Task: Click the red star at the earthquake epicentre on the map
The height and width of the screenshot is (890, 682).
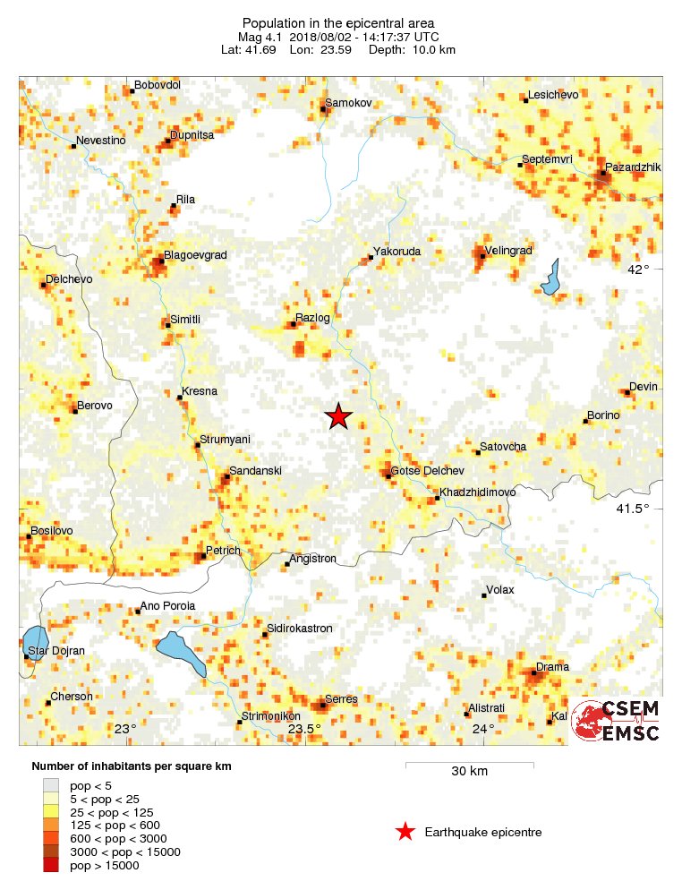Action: (x=338, y=416)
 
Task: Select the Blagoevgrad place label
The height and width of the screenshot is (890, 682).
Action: (x=196, y=255)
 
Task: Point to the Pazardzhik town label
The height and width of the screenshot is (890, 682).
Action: (x=632, y=167)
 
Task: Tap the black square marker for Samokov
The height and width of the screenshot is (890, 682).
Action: (x=323, y=110)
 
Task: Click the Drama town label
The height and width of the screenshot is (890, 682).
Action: (x=551, y=667)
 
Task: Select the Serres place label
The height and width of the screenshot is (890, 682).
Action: (x=342, y=699)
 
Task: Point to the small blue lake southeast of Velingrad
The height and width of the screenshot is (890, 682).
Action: (x=550, y=278)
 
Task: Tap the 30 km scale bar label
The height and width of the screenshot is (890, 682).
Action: (x=469, y=772)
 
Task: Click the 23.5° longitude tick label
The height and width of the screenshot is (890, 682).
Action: (x=304, y=729)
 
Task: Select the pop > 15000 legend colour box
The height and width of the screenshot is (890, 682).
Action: (x=49, y=865)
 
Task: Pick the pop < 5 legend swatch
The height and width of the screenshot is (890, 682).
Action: (x=49, y=784)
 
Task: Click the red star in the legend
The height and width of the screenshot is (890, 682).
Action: (x=405, y=832)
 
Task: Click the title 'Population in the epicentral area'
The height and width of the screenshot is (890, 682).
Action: (x=337, y=22)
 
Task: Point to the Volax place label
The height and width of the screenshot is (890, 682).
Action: (x=499, y=591)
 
